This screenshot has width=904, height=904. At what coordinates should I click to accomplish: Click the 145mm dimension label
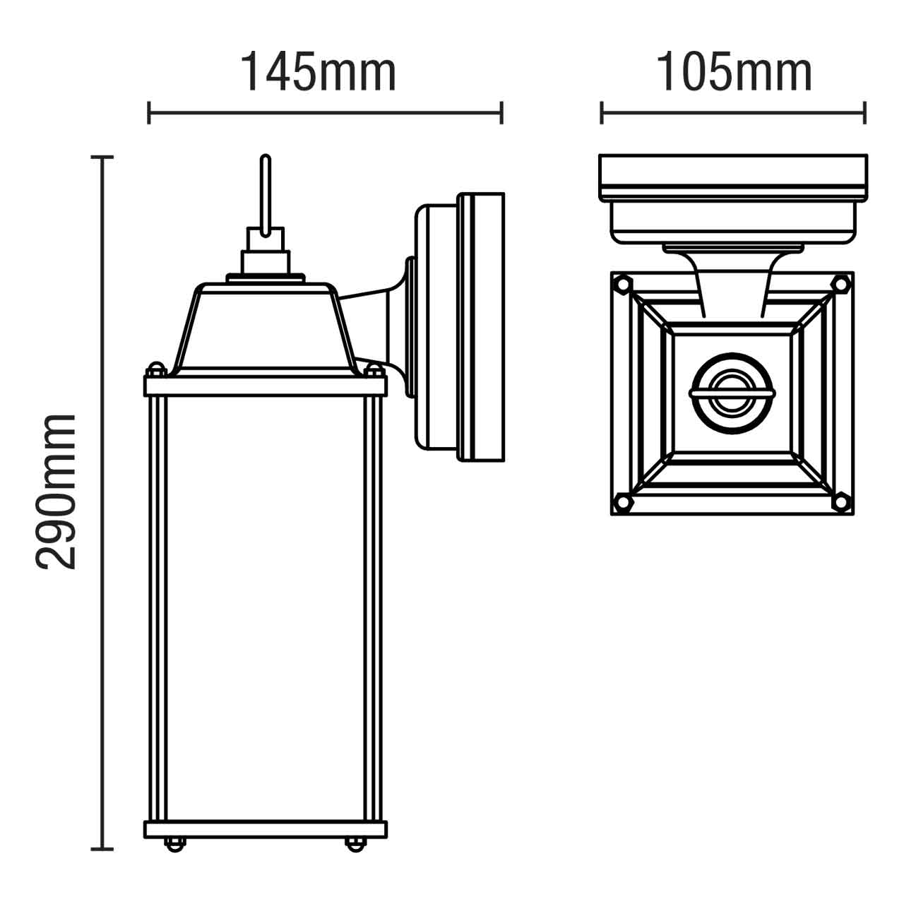tap(319, 72)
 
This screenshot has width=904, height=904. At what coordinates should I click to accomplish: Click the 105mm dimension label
tap(734, 72)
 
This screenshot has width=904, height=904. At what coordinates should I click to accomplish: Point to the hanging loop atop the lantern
tap(266, 194)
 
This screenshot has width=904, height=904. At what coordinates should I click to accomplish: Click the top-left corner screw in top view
tap(622, 285)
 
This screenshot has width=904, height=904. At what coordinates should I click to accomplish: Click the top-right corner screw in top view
tap(840, 284)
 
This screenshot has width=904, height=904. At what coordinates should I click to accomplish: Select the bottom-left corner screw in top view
tap(622, 501)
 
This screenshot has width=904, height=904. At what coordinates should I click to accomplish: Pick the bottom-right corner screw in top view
tap(840, 501)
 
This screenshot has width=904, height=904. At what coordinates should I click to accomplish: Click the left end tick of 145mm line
tap(149, 112)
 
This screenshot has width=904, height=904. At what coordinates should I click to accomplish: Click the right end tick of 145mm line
tap(501, 112)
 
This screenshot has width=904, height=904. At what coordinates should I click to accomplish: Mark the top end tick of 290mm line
tap(104, 157)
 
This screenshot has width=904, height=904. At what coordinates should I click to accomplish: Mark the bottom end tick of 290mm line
tap(104, 848)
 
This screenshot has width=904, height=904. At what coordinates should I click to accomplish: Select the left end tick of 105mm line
tap(602, 112)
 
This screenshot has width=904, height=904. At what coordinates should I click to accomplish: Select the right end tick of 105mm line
tap(865, 112)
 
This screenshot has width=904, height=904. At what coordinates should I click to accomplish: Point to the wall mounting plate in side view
tap(482, 327)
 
